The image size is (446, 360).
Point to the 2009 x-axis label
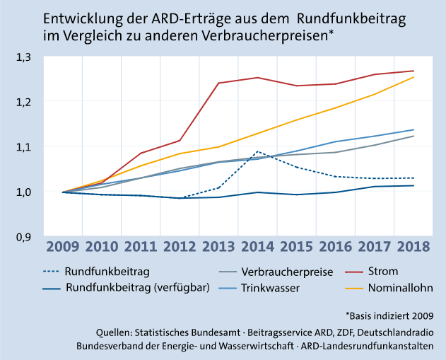click(64, 246)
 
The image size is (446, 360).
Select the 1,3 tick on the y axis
click(25, 57)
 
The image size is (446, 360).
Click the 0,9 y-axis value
click(25, 237)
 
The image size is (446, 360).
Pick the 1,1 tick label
click(25, 147)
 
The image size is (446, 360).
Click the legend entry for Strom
click(383, 271)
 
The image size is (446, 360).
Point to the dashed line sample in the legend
click(48, 271)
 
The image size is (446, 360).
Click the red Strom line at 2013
click(218, 83)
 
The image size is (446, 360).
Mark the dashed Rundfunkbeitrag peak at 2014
click(257, 151)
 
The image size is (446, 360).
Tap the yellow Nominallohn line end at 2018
click(413, 77)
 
